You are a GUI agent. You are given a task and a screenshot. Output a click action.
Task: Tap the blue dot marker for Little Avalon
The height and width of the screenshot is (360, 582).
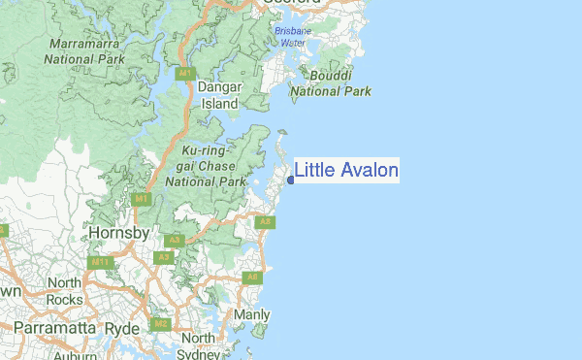[291, 180]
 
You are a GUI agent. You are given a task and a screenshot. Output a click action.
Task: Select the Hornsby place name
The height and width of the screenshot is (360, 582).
[117, 234]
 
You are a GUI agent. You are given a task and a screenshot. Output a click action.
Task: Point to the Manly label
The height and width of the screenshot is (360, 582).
[252, 315]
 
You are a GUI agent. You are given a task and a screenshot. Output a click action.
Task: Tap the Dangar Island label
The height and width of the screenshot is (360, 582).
[218, 95]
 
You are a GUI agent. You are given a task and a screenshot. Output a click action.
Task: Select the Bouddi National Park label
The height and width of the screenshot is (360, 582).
[331, 83]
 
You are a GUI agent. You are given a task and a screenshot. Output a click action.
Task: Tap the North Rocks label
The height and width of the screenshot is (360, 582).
[65, 290]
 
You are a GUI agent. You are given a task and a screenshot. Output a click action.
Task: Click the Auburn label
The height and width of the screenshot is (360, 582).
[76, 356]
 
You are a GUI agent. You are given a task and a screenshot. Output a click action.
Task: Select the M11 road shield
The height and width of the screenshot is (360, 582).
[99, 262]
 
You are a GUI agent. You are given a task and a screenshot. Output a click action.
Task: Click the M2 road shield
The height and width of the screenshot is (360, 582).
[161, 324]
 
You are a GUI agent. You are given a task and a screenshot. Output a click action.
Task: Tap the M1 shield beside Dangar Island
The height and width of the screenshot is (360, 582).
[183, 74]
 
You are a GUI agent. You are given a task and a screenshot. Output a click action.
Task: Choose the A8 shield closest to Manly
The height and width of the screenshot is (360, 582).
[253, 278]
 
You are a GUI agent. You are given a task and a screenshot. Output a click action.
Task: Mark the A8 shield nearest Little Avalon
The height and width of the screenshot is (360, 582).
[264, 222]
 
